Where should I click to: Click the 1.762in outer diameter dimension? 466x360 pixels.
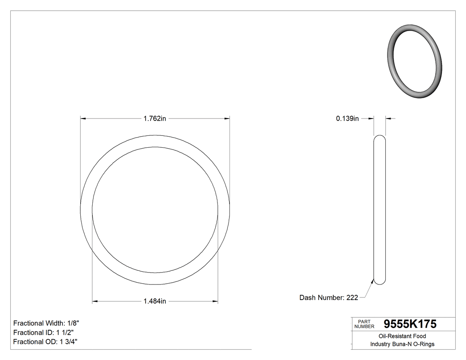point(154,119)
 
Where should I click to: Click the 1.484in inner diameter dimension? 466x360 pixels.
point(154,301)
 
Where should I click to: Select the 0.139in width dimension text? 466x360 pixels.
point(347,119)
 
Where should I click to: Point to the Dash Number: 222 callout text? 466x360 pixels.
point(328,298)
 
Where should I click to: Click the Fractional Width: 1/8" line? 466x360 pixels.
point(46,323)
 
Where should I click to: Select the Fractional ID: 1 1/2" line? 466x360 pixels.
point(43,332)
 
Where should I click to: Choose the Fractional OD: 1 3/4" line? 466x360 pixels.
point(46,342)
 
